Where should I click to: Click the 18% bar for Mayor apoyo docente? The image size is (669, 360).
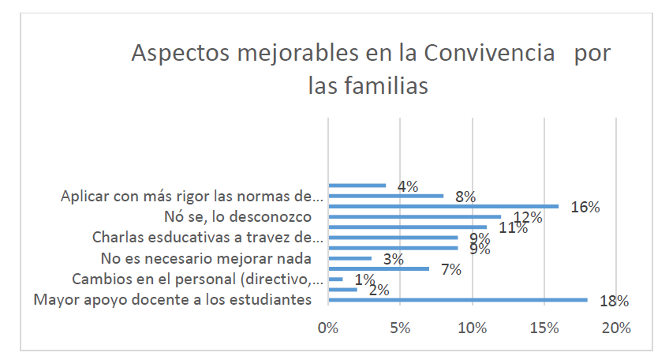pos(458,299)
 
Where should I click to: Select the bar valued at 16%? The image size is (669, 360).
pos(443,206)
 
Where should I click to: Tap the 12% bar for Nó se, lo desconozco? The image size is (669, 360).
pos(413,216)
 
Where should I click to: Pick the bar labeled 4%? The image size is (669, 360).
pos(357,186)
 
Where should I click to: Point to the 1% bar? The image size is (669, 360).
pos(334,279)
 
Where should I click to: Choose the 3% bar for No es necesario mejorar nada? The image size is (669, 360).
pos(349,258)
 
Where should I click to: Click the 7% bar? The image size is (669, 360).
pos(378,268)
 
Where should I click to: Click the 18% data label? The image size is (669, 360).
pos(613,301)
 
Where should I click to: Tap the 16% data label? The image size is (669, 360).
pos(585,208)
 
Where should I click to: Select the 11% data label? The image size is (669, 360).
pos(511,228)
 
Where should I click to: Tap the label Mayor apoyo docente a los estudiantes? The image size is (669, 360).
pos(174,300)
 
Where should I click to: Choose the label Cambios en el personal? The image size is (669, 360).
pos(197,279)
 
